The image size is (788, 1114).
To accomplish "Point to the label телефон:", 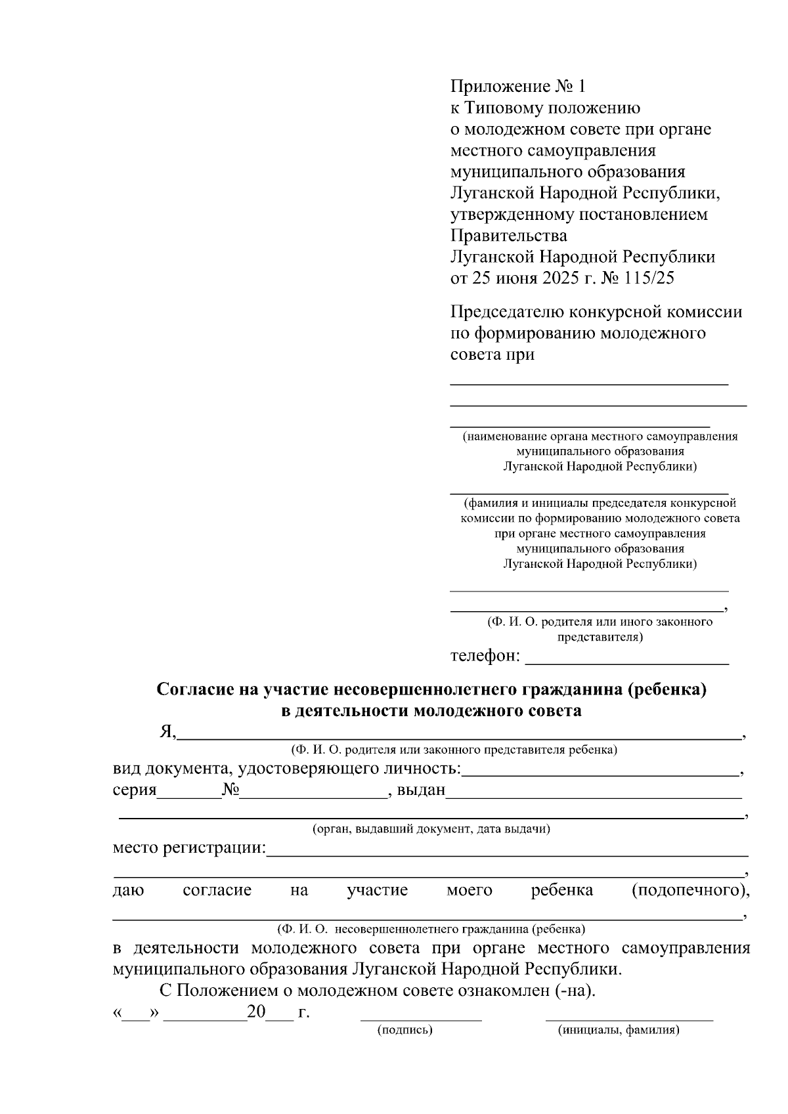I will click(485, 656).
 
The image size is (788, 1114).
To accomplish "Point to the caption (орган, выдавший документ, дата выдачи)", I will click(431, 828).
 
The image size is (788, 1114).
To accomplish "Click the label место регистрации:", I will click(189, 847).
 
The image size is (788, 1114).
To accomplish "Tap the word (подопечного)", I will click(690, 890).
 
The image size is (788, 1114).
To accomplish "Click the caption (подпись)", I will click(405, 1030).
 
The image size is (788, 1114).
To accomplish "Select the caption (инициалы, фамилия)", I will click(619, 1030).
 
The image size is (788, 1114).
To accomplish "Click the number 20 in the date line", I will click(255, 1012).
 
